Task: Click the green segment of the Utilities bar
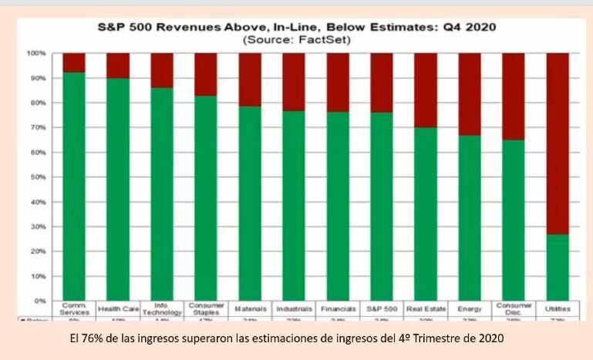coord(558,267)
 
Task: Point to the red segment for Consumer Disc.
coord(514,96)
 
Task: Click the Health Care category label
coord(118,308)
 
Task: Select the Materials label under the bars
coord(250,308)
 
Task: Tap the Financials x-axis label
coord(338,308)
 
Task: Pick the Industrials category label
coord(294,308)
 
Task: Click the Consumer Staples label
coord(206,309)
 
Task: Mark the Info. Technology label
coord(162,309)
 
